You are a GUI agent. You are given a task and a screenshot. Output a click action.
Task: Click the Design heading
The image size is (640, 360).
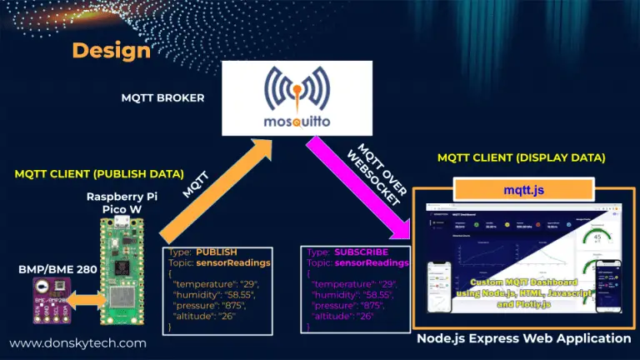tap(111, 50)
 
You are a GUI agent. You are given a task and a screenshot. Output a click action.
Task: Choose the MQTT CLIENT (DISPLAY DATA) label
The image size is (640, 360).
tap(522, 157)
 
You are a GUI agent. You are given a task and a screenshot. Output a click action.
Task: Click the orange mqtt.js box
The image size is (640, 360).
tap(524, 191)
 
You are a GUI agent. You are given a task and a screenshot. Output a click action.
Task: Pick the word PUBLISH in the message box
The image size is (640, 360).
tap(217, 251)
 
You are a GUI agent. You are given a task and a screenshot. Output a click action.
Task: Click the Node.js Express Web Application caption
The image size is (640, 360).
tap(524, 338)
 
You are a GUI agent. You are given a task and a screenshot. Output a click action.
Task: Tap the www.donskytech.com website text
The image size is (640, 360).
tap(77, 342)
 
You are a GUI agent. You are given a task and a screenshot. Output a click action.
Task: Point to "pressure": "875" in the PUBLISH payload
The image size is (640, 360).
tap(209, 306)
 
